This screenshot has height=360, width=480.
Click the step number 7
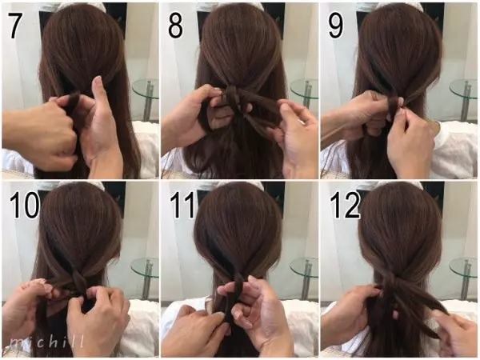15,26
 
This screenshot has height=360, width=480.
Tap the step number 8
175,26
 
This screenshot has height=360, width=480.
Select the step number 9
335,26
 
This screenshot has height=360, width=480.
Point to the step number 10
24,205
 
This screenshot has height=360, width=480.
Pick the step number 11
182,205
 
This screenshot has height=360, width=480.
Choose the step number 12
344,205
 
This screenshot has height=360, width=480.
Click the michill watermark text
46,342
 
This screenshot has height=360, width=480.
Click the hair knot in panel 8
233,95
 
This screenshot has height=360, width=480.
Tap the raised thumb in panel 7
98,92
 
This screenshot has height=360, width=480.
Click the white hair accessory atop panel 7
79,6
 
